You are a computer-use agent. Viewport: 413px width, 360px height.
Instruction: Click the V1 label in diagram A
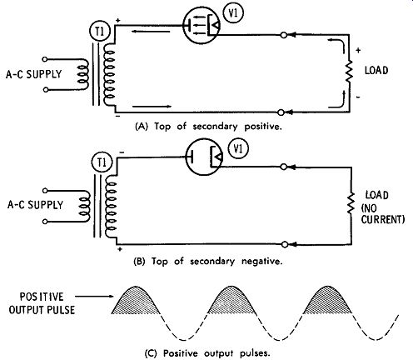point(233,13)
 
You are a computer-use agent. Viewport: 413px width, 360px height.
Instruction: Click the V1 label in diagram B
point(238,149)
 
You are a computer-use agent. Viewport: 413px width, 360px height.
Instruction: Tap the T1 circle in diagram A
point(100,32)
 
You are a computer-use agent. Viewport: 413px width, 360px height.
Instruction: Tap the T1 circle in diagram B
point(102,162)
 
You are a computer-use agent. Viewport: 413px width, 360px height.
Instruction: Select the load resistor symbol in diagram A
point(349,71)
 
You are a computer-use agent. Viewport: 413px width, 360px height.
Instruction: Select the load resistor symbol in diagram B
point(351,203)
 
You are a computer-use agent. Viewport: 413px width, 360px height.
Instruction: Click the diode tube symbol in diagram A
point(202,26)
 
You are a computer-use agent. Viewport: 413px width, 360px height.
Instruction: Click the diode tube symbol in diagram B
point(204,157)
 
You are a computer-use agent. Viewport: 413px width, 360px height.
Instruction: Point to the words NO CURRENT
point(383,213)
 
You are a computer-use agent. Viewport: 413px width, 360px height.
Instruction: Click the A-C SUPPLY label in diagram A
point(33,74)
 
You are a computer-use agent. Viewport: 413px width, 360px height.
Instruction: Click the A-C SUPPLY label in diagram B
point(35,205)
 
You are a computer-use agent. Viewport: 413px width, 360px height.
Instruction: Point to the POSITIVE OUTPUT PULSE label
point(42,303)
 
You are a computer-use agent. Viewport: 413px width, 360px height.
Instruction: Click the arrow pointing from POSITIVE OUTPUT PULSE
point(94,296)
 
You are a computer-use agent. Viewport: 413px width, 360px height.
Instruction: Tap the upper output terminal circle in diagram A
point(284,35)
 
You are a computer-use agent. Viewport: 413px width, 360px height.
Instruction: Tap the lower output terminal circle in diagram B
point(285,244)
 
